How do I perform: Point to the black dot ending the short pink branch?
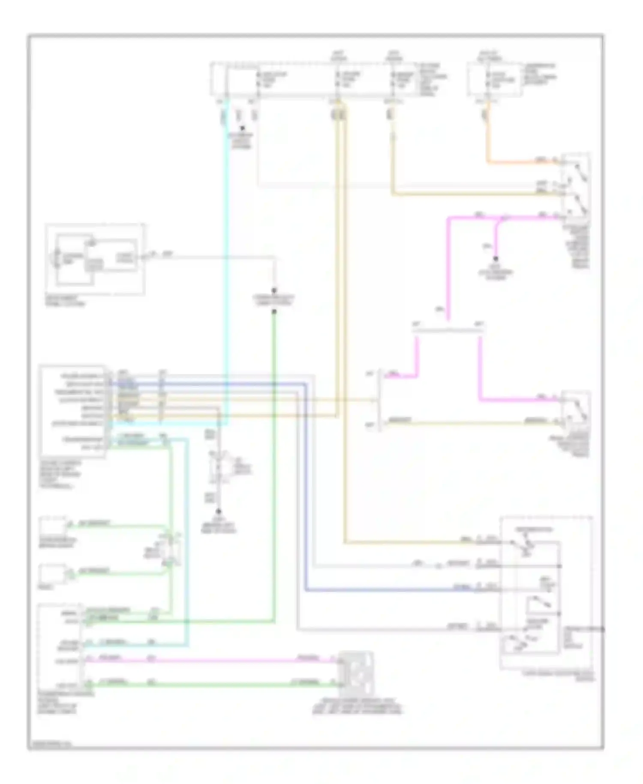[496, 259]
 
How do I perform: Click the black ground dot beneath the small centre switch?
[219, 511]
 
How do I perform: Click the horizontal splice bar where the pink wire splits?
[448, 331]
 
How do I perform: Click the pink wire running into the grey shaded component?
[214, 661]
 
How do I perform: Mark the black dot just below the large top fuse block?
[243, 128]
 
